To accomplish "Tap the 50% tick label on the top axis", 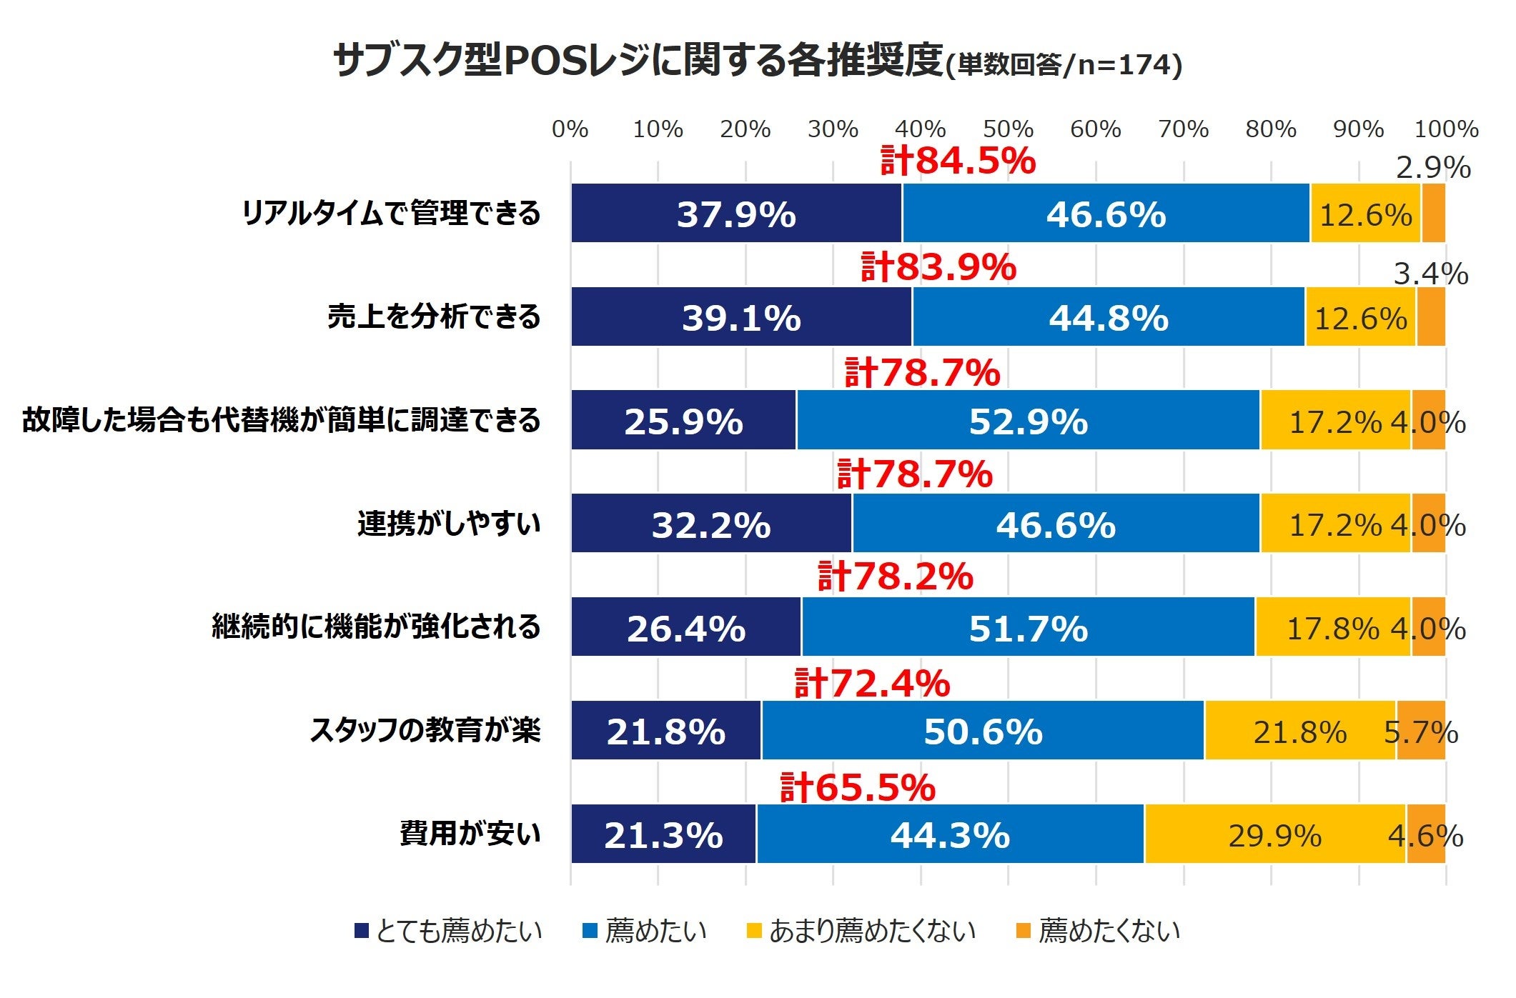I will coord(1008,129).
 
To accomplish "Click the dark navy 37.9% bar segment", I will coord(736,214).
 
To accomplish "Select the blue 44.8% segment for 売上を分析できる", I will coord(1109,317).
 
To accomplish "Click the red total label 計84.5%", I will coord(958,161).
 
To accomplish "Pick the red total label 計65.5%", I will coord(858,787).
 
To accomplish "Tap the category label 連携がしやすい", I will coord(449,524).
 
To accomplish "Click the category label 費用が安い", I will coord(470,834).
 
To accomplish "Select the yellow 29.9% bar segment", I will coord(1274,834).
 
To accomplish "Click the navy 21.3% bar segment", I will coord(663,834).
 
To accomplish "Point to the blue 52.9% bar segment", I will coord(1028,421).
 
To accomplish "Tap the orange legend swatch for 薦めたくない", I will coord(1024,931).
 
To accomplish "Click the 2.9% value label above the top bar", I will coord(1433,169).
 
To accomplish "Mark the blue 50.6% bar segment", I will coord(983,731).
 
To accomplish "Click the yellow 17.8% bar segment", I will coord(1332,628).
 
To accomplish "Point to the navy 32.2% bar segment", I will coord(711,524).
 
